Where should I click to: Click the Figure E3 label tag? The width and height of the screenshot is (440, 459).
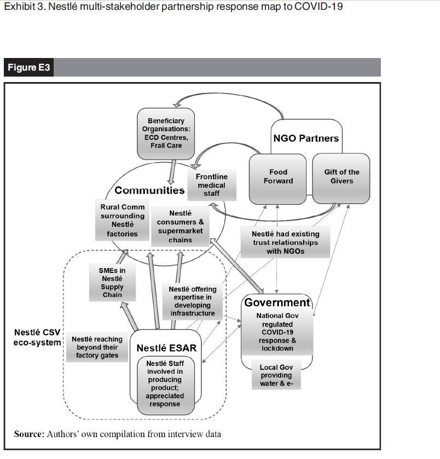29,68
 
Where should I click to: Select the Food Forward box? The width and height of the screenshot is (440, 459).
278,177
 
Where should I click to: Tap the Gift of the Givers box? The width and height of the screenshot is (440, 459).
341,177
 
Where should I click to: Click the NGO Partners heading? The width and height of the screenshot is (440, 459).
306,138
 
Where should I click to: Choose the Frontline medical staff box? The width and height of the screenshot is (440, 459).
211,185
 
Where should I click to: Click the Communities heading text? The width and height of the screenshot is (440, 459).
149,190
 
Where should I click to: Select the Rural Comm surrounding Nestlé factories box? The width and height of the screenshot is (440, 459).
123,220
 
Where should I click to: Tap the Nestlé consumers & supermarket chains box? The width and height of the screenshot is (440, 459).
180,226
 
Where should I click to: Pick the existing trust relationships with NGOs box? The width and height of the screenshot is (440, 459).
285,242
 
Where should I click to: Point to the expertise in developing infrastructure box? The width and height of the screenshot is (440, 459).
193,301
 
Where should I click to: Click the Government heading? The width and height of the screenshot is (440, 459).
277,303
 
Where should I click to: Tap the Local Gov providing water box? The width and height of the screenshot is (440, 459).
276,376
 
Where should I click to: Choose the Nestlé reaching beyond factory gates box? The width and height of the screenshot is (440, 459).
97,347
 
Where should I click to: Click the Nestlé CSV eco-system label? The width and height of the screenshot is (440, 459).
37,337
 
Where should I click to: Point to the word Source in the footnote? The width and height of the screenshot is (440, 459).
28,434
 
